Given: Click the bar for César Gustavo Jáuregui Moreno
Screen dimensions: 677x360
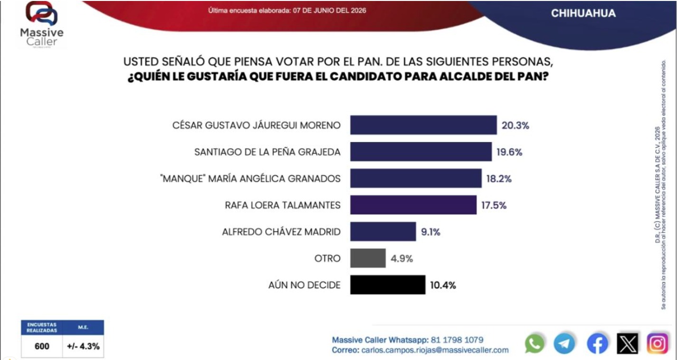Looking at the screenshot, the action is tap(423, 125).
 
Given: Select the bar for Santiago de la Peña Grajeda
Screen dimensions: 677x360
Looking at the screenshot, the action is tap(421, 152).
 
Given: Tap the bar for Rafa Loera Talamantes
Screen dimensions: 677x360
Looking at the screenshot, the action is tap(413, 205).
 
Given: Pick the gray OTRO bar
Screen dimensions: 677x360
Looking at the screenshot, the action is tap(368, 258).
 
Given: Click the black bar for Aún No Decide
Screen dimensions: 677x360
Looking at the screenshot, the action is tap(388, 285).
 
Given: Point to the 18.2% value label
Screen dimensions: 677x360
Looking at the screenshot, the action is tap(499, 179).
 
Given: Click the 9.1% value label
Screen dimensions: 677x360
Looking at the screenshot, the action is tap(431, 232).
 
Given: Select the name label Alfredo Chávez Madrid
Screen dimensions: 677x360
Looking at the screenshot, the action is tap(281, 232).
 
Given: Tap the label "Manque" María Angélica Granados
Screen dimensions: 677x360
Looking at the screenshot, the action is tap(250, 179).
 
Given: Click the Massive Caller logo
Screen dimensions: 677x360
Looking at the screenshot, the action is tap(42, 25).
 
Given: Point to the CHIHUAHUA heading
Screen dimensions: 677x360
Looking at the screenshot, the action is tap(583, 13).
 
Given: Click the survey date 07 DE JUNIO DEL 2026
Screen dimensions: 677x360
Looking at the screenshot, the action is tap(329, 10).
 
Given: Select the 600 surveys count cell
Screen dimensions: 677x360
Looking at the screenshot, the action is tap(42, 346).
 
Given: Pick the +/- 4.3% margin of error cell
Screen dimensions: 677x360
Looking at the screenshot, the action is tap(83, 346).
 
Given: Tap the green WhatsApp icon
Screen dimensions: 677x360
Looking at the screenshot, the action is tap(534, 343).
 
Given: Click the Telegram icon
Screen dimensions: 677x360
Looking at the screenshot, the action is tap(564, 343).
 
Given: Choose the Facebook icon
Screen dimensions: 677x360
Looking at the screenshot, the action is tap(597, 343).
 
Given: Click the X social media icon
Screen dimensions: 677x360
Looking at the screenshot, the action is tap(628, 343).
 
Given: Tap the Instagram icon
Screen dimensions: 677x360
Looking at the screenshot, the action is tap(658, 343).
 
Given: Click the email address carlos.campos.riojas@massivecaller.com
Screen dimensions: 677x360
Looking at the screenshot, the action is tap(435, 350).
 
